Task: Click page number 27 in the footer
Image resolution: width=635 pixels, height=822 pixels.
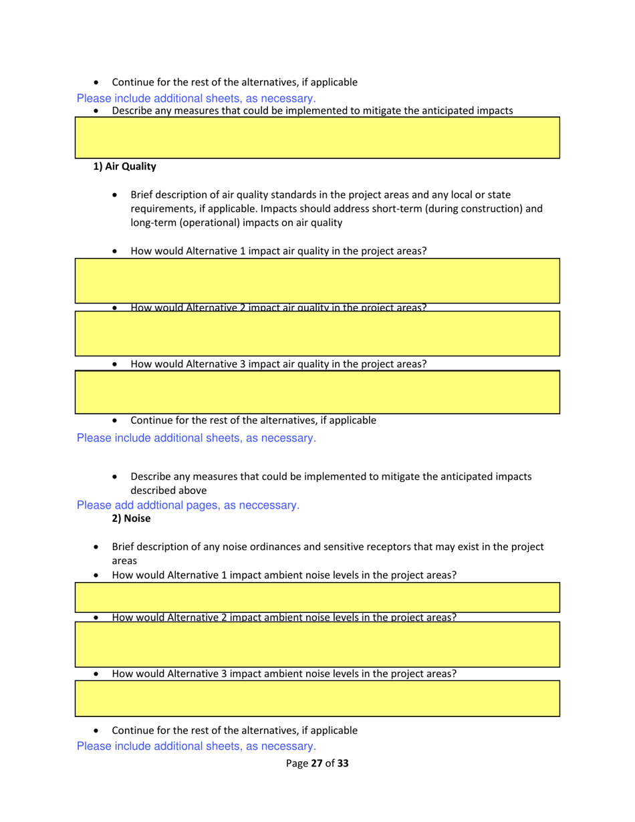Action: point(317,763)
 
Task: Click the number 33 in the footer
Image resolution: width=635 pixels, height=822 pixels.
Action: point(343,763)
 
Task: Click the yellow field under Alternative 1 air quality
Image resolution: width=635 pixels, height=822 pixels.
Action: point(317,281)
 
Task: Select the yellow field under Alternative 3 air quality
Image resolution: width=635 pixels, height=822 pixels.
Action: point(317,392)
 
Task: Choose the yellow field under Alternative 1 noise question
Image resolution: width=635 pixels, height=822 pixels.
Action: point(317,597)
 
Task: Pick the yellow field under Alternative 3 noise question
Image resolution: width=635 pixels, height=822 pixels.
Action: point(317,698)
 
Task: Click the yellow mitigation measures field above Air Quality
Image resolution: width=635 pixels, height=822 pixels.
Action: point(317,137)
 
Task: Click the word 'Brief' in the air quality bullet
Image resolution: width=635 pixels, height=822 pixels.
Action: point(142,195)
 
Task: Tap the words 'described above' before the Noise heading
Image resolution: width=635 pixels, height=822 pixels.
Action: point(163,491)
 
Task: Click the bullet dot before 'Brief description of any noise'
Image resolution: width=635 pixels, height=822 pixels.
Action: point(98,547)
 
